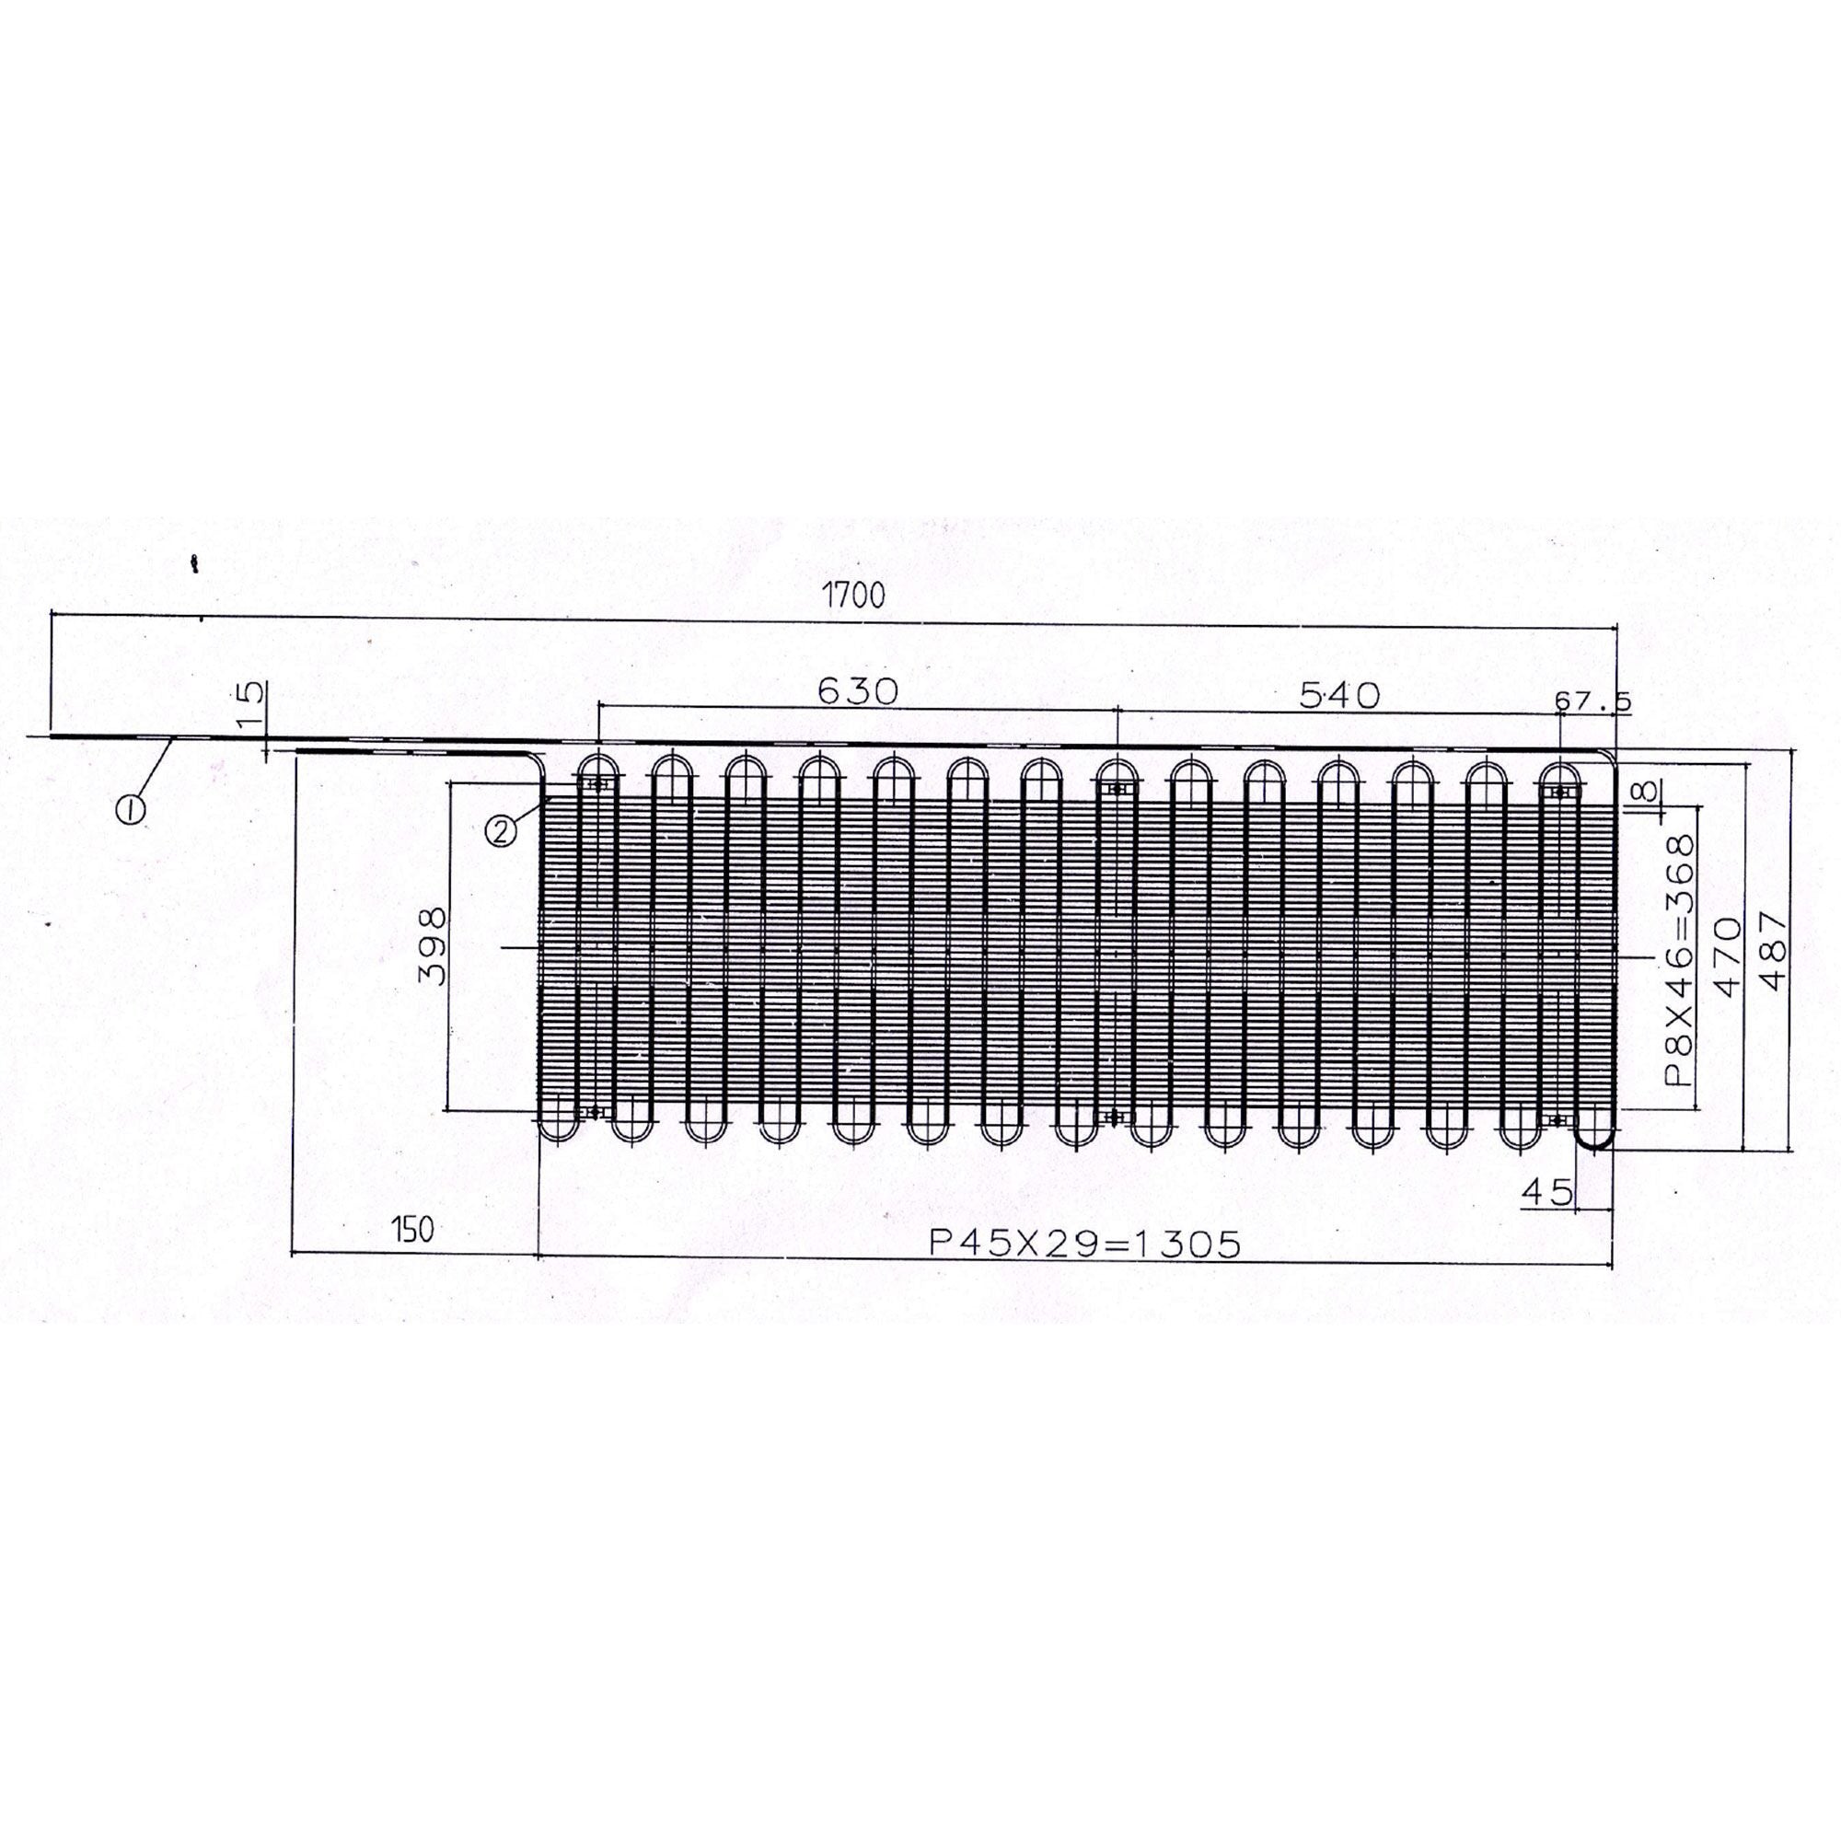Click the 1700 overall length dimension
pyautogui.click(x=855, y=596)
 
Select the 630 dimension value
pyautogui.click(x=858, y=692)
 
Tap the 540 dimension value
pyautogui.click(x=1338, y=696)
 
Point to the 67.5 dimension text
pyautogui.click(x=1592, y=701)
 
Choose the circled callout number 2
pyautogui.click(x=502, y=832)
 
